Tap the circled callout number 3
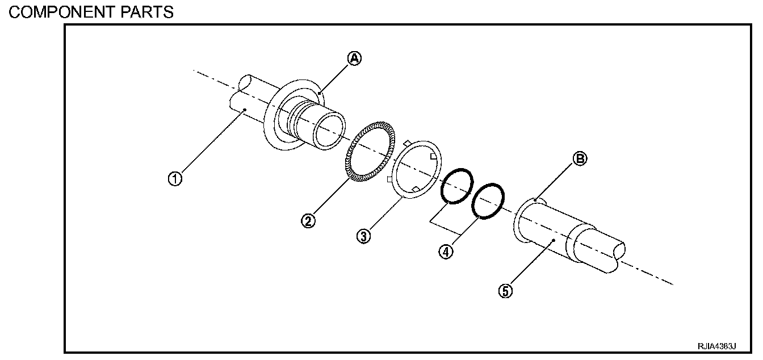click(363, 236)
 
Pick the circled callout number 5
click(506, 291)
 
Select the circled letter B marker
click(579, 160)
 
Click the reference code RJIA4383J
click(717, 346)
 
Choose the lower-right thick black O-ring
click(488, 200)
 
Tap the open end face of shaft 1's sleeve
click(329, 130)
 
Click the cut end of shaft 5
click(618, 254)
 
